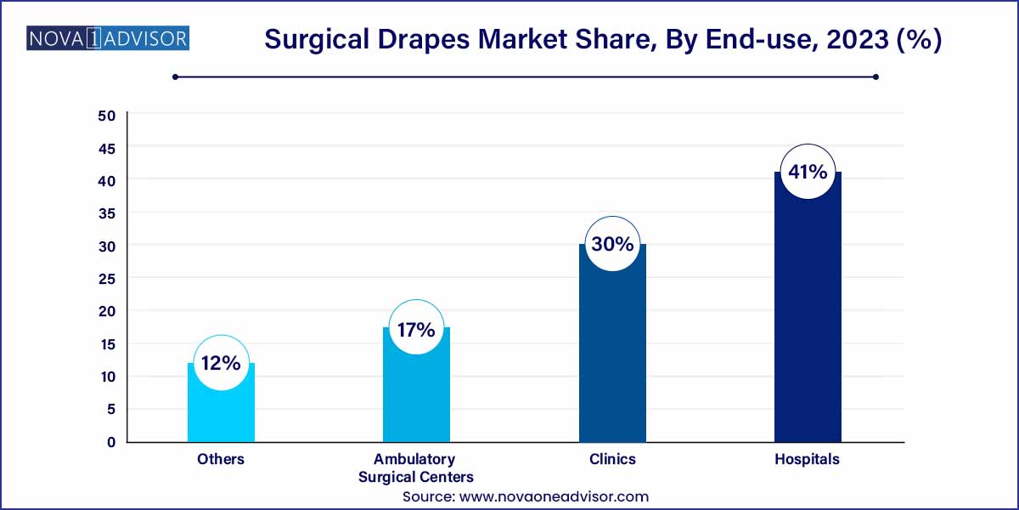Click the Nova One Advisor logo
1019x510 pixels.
point(108,38)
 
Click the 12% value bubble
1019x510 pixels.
point(221,363)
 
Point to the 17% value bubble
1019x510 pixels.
point(416,329)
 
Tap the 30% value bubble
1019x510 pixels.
point(612,244)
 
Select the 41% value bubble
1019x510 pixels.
point(808,172)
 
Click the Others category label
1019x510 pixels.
point(221,459)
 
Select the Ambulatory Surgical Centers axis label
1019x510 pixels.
point(416,467)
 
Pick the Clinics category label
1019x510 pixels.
point(612,459)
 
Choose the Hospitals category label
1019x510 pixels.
point(807,459)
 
